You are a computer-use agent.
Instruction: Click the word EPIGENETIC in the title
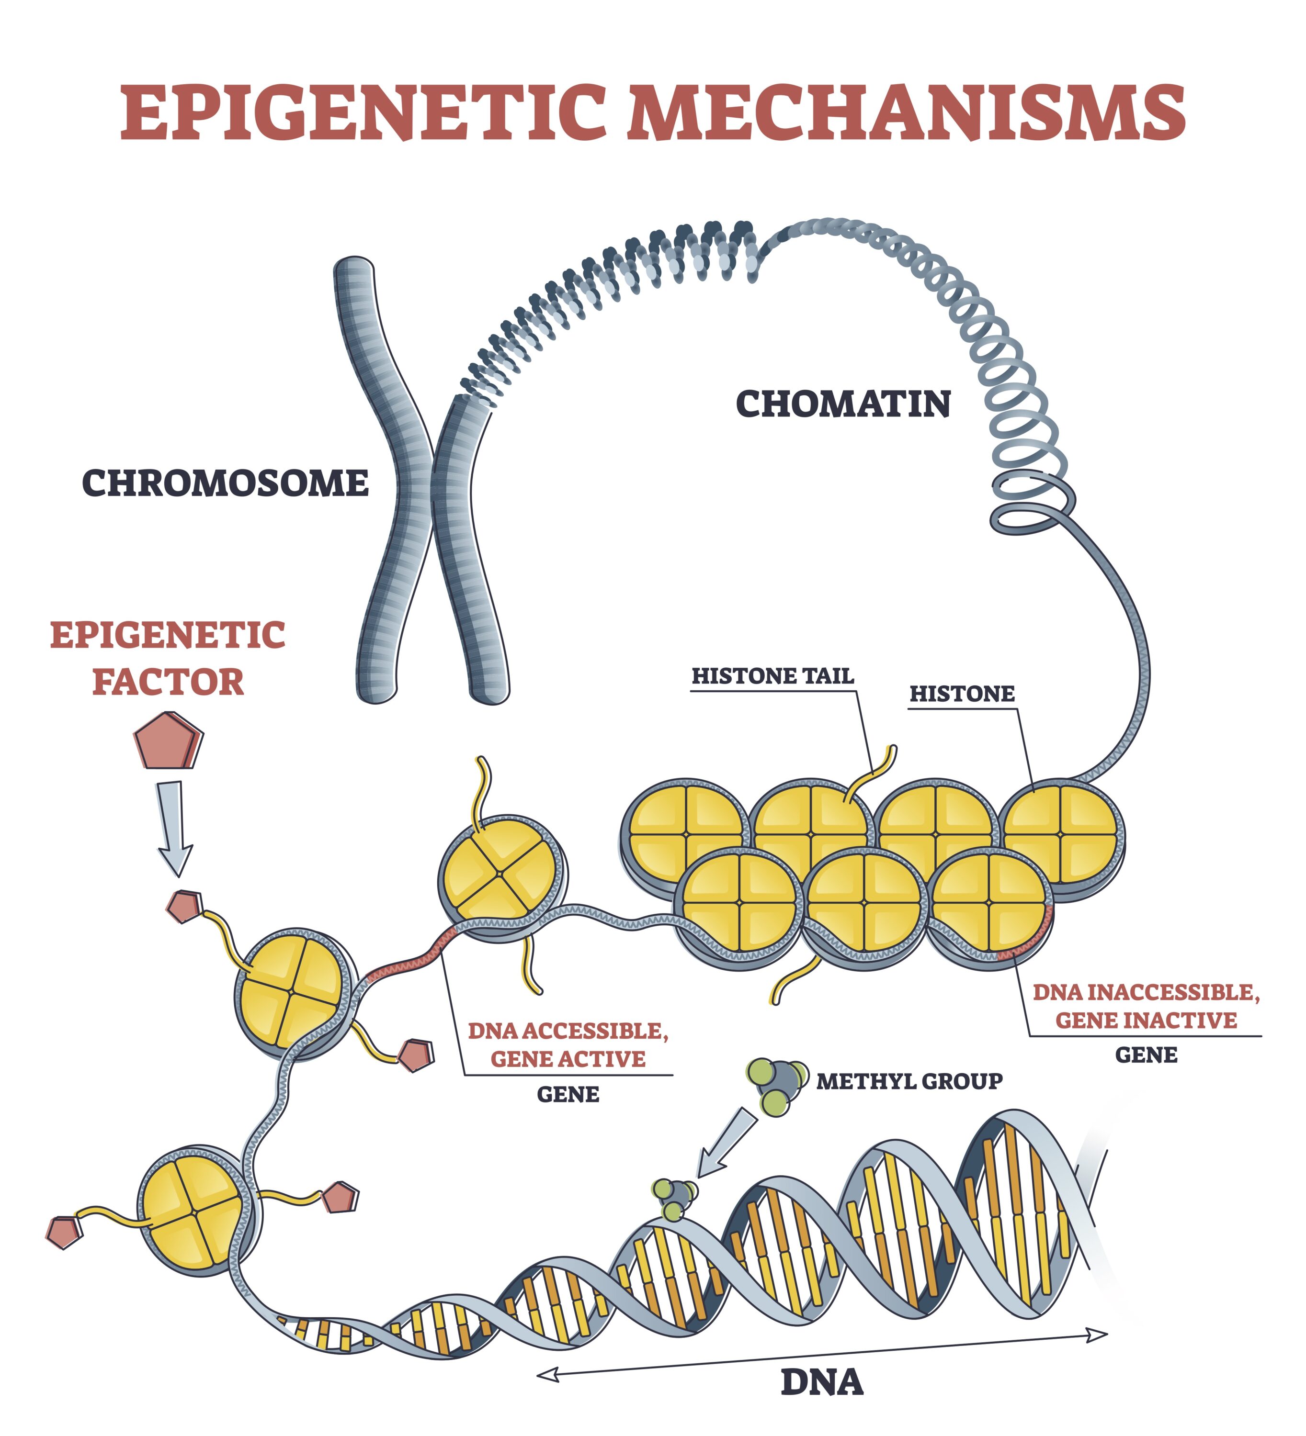363,112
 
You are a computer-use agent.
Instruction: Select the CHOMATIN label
843,404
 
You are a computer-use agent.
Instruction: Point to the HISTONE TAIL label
772,676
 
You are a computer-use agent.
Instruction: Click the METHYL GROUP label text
909,1081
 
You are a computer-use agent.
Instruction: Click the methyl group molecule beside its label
776,1084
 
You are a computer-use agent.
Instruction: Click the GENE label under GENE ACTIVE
568,1095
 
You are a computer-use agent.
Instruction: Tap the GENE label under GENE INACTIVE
1146,1055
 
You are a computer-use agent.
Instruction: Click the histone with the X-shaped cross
501,874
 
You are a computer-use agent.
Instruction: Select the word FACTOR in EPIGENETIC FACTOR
168,683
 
